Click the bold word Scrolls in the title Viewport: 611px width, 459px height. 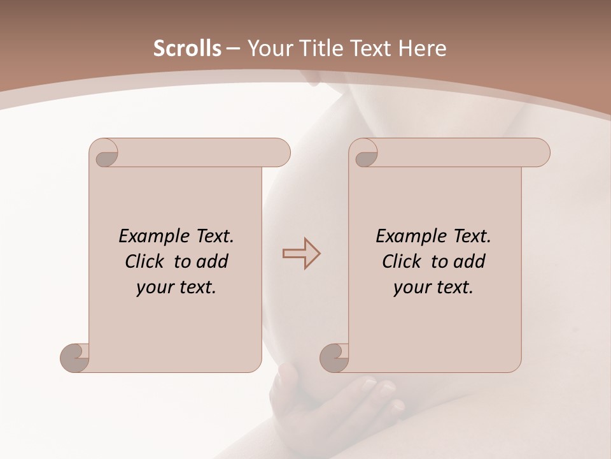187,48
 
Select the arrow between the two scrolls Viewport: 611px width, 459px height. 301,253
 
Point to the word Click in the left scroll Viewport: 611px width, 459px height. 146,261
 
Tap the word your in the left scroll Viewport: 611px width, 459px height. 153,288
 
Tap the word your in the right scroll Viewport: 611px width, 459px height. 411,288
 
